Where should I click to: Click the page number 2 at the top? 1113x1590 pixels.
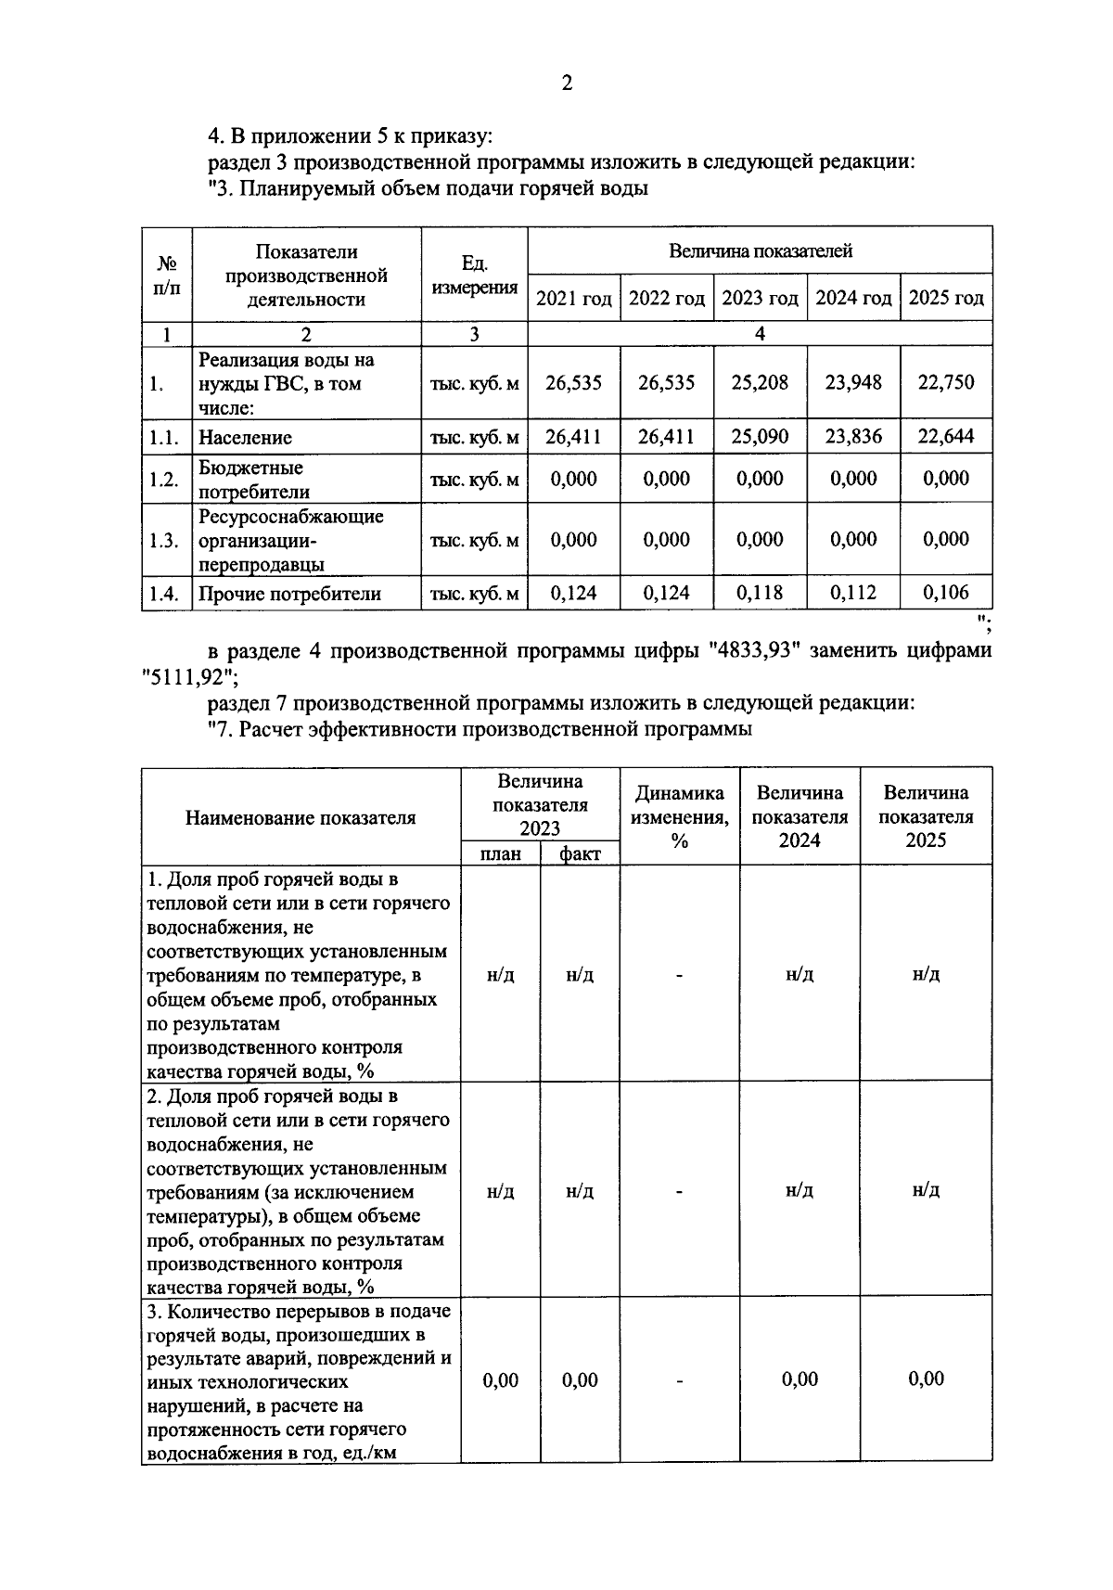pos(566,83)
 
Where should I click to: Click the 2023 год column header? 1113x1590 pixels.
pos(760,299)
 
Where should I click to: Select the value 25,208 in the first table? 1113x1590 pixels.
pos(760,382)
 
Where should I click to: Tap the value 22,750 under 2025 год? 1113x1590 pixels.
pos(946,382)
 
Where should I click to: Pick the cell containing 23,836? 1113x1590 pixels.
pos(853,436)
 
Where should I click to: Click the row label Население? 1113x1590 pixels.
pos(245,438)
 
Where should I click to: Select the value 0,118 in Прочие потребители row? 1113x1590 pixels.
pos(760,593)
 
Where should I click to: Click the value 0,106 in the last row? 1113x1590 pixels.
pos(946,593)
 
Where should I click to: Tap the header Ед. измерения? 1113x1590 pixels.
pos(474,276)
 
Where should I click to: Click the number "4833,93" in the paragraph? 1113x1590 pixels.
pos(753,650)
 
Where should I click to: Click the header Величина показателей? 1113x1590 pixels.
pos(760,250)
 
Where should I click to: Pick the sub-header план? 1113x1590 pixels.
pos(500,853)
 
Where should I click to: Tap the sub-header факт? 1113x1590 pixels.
pos(580,853)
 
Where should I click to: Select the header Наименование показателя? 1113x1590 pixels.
pos(301,817)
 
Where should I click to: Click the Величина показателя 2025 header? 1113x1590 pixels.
pos(925,816)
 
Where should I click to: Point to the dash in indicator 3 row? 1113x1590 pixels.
pos(679,1381)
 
